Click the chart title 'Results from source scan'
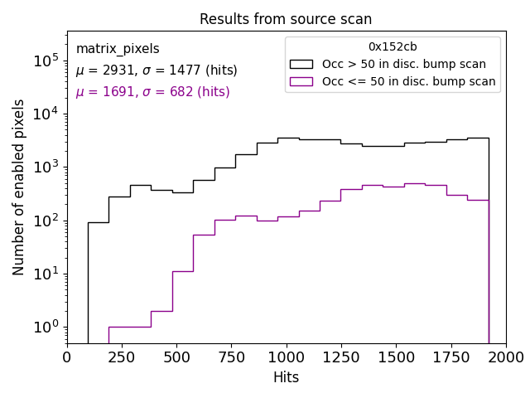286,19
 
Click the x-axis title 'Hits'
286,377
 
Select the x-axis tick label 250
122,357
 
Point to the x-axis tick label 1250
341,357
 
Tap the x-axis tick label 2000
505,357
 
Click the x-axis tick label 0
67,357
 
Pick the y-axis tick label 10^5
45,61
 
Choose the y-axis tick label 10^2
45,221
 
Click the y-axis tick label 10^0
45,328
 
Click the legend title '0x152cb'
393,47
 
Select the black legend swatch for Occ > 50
301,64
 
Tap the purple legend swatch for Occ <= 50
301,81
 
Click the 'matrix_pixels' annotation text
118,49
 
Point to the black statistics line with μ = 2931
157,70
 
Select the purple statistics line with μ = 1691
152,92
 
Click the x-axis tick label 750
231,357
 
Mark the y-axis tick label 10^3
45,167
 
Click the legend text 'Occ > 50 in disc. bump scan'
404,64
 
